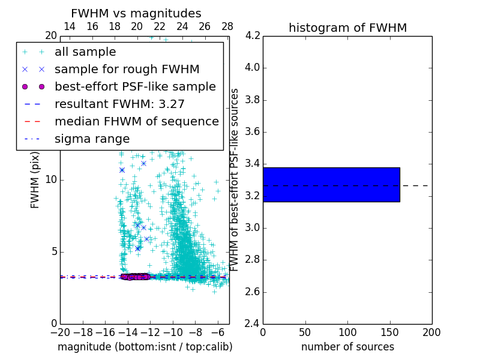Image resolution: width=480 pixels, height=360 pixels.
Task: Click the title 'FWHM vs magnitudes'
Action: click(136, 14)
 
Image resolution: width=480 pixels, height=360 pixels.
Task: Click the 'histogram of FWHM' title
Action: click(347, 28)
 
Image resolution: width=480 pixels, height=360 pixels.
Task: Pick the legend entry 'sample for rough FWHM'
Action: click(127, 70)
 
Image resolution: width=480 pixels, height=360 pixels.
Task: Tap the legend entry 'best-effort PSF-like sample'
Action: click(135, 86)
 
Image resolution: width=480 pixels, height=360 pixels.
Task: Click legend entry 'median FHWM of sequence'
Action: click(136, 121)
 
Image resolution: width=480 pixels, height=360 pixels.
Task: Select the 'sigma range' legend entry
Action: click(92, 139)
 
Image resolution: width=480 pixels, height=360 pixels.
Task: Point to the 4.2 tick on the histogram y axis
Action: click(252, 35)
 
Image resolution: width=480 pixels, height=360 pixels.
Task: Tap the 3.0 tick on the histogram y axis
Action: click(252, 228)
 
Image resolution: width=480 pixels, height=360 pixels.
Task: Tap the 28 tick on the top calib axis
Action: click(227, 26)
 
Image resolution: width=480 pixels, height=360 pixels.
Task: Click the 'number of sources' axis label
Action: click(347, 347)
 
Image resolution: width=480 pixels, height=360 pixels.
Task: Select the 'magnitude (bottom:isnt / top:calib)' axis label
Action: click(145, 347)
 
